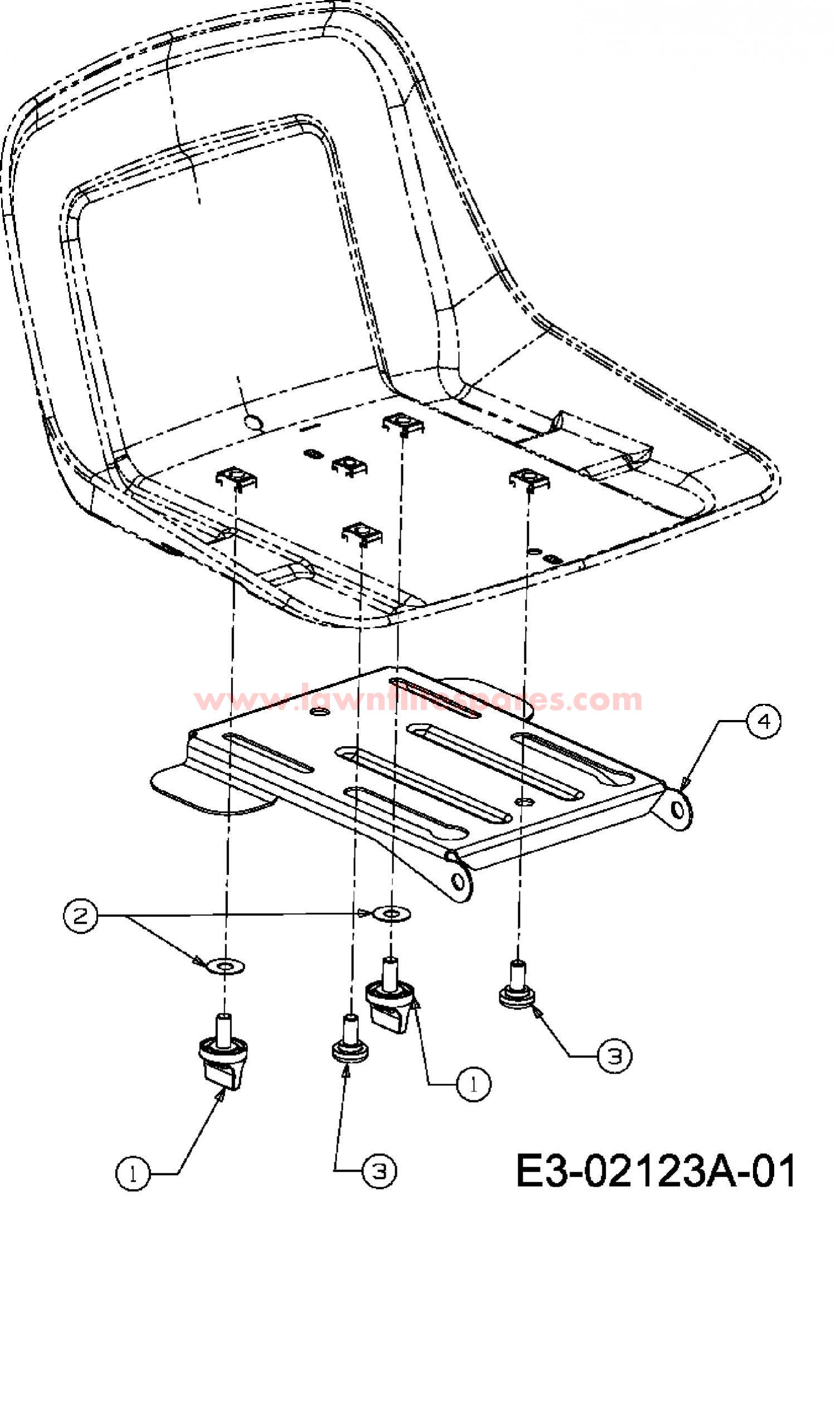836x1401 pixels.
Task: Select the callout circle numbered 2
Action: [81, 916]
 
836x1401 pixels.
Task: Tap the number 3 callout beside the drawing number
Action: [378, 1171]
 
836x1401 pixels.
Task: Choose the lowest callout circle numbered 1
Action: [133, 1173]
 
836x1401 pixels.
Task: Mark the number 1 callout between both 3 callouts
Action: [473, 1084]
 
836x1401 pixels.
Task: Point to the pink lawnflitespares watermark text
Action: [418, 699]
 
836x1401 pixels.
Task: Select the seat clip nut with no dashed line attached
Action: [349, 465]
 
